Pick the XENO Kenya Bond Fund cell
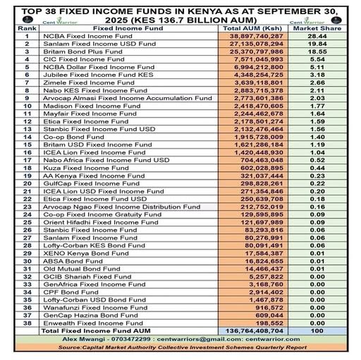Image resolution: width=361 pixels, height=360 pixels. [x=76, y=253]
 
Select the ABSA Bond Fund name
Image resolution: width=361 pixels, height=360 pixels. [x=67, y=261]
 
